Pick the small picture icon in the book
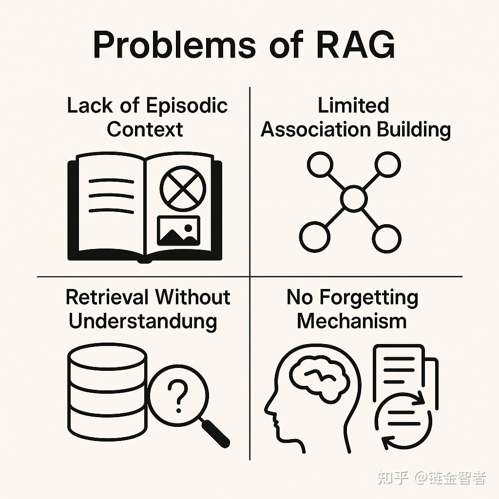[x=178, y=230]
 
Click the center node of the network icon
[x=353, y=199]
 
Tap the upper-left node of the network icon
[x=320, y=164]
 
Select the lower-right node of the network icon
[x=388, y=237]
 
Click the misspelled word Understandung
[x=143, y=321]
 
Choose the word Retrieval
[x=107, y=297]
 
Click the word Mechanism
[x=352, y=321]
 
